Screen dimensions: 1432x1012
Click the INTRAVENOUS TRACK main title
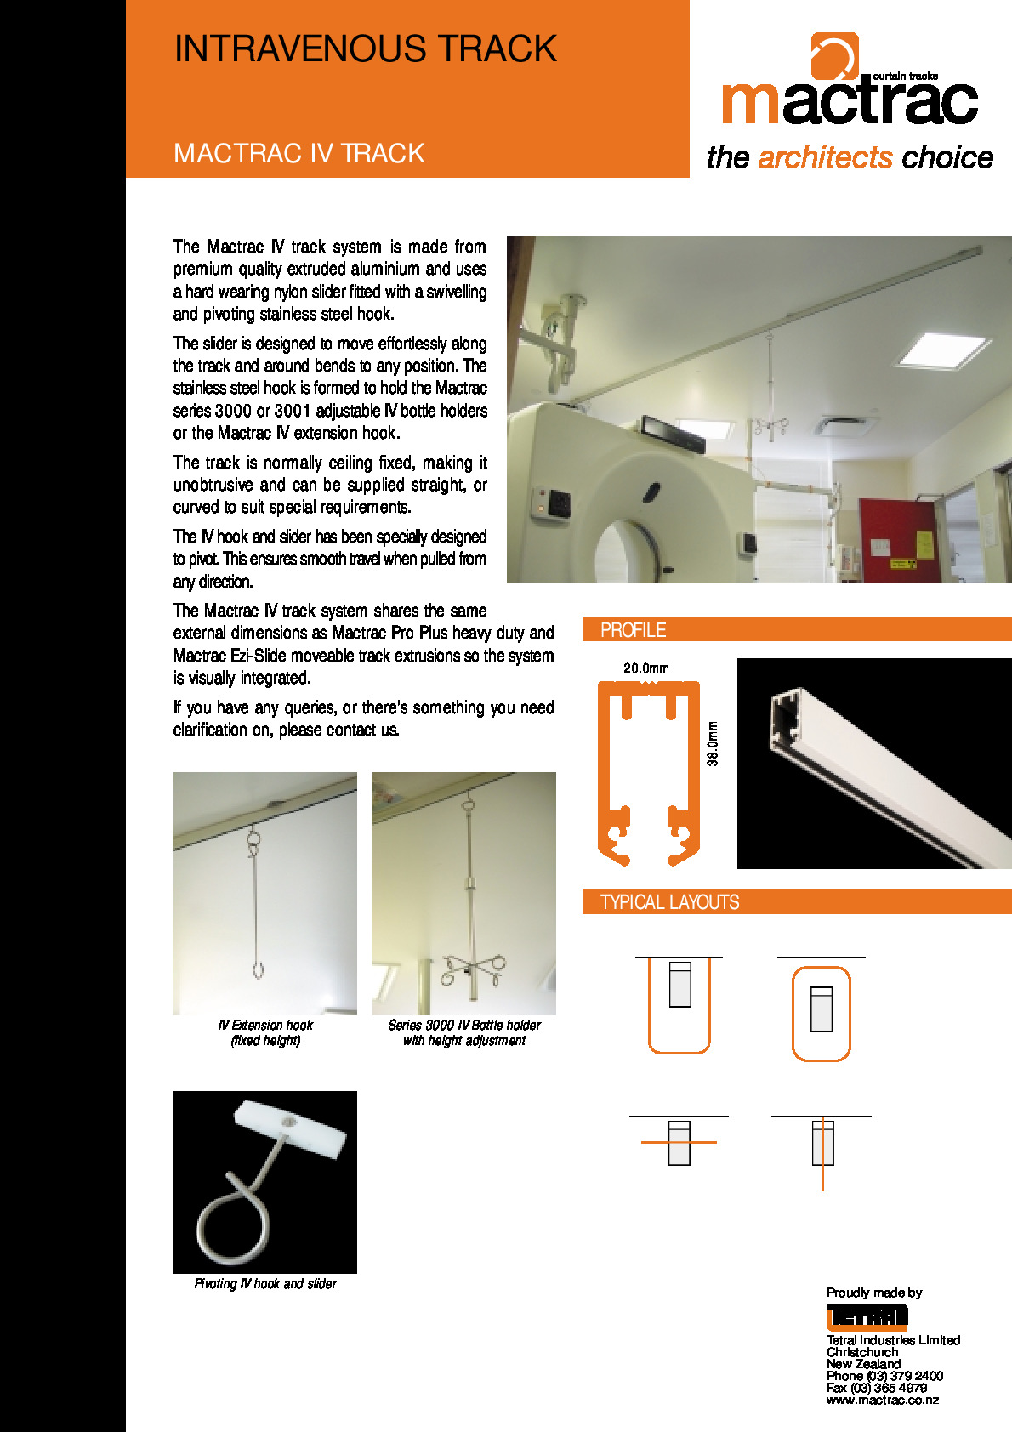pyautogui.click(x=365, y=49)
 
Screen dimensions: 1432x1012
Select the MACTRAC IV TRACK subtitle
pyautogui.click(x=298, y=154)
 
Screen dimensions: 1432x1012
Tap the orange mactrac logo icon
pyautogui.click(x=833, y=56)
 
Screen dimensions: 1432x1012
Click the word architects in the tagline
pyautogui.click(x=824, y=158)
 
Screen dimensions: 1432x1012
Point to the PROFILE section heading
pyautogui.click(x=633, y=630)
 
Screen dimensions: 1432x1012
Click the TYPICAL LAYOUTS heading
pyautogui.click(x=669, y=902)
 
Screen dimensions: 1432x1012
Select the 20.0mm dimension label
pyautogui.click(x=645, y=668)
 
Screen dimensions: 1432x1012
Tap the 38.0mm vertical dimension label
pyautogui.click(x=713, y=744)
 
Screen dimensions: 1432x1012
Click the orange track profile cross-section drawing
pyautogui.click(x=648, y=774)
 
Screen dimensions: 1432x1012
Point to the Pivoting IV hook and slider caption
pyautogui.click(x=265, y=1283)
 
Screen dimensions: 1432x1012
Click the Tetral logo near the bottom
pyautogui.click(x=867, y=1316)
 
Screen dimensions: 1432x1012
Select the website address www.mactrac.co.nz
pyautogui.click(x=882, y=1400)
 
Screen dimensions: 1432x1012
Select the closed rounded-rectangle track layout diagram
pyautogui.click(x=821, y=1013)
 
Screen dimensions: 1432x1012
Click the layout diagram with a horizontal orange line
pyautogui.click(x=679, y=1142)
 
